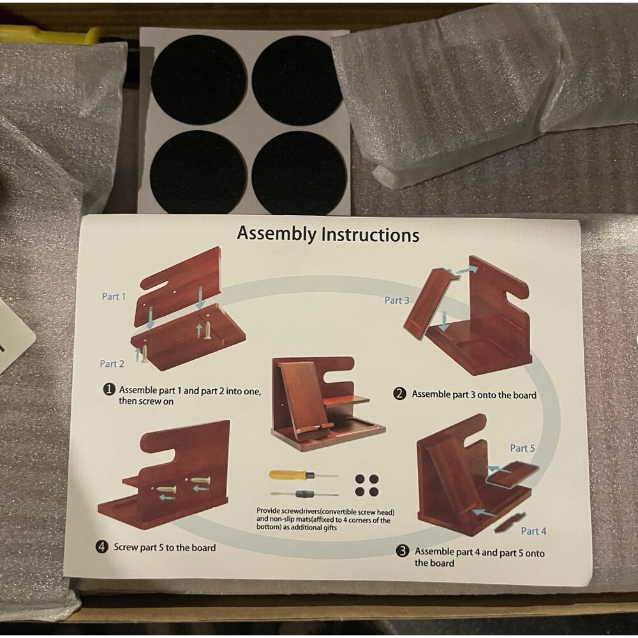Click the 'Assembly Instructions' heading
pos(328,234)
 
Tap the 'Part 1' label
pos(114,296)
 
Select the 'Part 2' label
pos(112,364)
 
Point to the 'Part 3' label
pos(397,300)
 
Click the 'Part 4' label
pos(534,531)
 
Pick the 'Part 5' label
pos(523,448)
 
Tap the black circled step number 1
pos(108,389)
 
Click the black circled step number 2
pos(399,394)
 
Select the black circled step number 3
pos(403,551)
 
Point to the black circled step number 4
pos(101,547)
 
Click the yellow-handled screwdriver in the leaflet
pos(303,475)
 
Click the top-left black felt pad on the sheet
pos(199,79)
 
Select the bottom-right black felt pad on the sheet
pos(299,172)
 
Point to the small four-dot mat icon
pos(367,485)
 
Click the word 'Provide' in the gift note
pos(269,510)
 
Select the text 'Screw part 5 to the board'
pos(165,547)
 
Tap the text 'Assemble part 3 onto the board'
pos(474,394)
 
